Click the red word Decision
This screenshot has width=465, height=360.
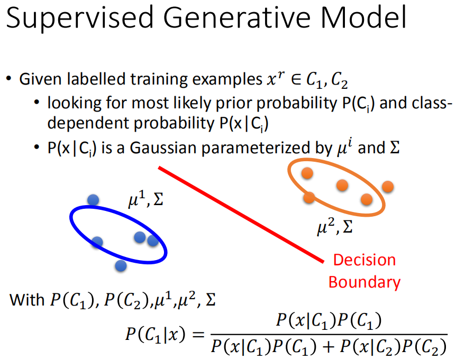coord(364,260)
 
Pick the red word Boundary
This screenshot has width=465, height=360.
coord(364,282)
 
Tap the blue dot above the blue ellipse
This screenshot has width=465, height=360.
coord(94,200)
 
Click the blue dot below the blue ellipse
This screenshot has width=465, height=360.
coord(121,265)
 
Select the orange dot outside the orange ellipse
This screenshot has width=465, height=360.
coord(388,187)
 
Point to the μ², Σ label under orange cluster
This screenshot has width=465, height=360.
coord(334,228)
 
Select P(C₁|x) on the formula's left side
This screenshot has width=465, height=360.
coord(156,334)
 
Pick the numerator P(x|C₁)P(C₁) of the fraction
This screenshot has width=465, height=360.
coord(329,321)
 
